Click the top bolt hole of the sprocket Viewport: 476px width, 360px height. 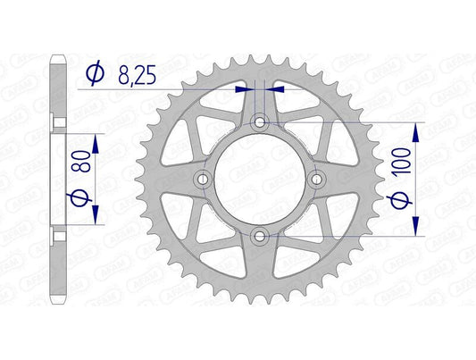click(x=260, y=122)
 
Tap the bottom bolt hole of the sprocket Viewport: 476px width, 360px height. click(x=260, y=236)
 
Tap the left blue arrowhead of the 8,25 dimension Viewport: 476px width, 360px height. click(x=243, y=89)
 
